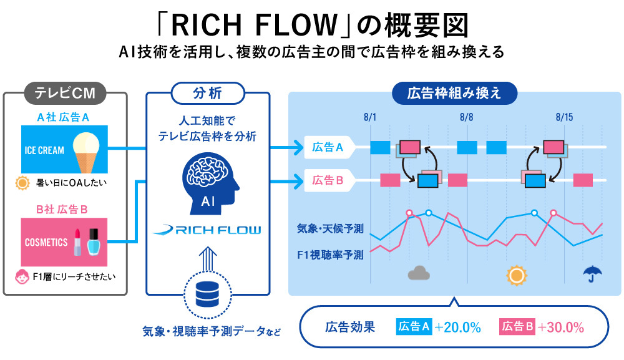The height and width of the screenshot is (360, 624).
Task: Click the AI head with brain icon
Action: [x=208, y=182]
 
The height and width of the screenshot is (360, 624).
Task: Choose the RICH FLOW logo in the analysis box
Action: [x=207, y=230]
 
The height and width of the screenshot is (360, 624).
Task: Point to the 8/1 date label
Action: [x=371, y=117]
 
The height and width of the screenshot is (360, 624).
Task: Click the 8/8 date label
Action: [x=466, y=117]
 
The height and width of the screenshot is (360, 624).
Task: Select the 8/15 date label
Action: [x=564, y=117]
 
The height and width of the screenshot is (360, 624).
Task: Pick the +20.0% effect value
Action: [x=458, y=326]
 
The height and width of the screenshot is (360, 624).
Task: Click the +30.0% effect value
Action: [x=561, y=326]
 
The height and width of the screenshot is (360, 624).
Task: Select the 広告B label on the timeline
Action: [x=328, y=180]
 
